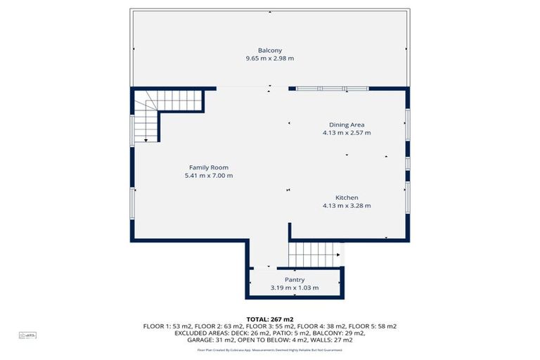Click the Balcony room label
[x=270, y=50]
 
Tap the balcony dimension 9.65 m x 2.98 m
[x=270, y=58]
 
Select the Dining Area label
[x=347, y=124]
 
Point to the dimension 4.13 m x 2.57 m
[x=347, y=132]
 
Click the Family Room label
[x=208, y=167]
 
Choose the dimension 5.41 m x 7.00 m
[x=208, y=175]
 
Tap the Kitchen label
[x=347, y=198]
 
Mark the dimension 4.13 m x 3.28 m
[x=347, y=206]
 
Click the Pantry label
[x=295, y=279]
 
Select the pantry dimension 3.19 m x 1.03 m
[x=295, y=288]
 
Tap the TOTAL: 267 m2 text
[x=270, y=319]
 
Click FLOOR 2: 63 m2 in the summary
[x=215, y=326]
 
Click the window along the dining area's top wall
[x=331, y=89]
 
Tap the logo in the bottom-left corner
[x=27, y=336]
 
